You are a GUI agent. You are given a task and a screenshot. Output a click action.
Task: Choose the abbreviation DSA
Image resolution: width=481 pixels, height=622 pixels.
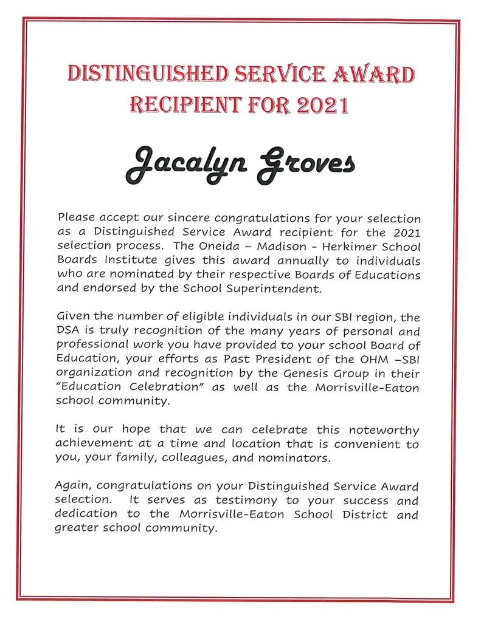point(66,332)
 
